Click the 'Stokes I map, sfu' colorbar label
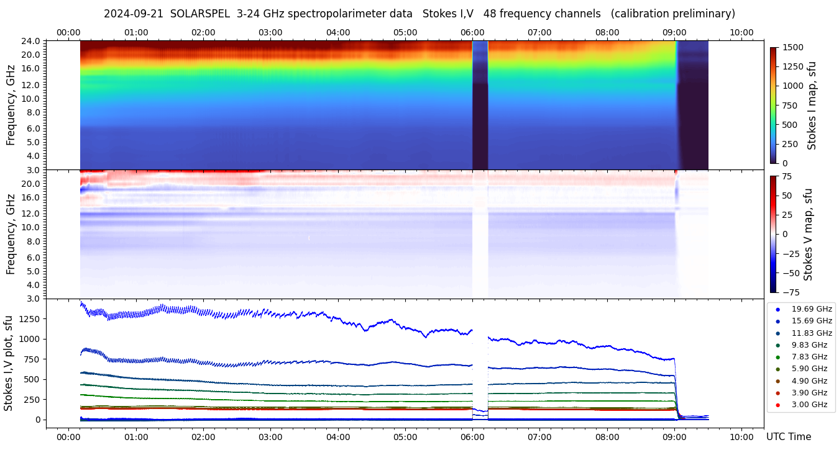[812, 105]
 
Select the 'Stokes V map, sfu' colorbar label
[809, 234]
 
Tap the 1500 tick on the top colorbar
[792, 47]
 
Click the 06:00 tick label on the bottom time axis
[472, 437]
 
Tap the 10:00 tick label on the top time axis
[741, 32]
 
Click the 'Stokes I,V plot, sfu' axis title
[9, 362]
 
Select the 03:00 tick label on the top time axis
[270, 32]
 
